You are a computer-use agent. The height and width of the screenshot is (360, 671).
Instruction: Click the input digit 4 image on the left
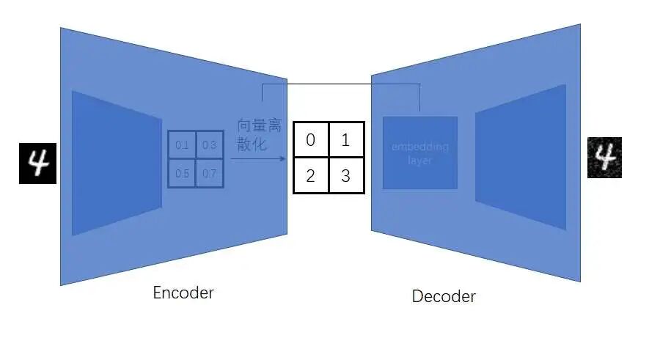37,162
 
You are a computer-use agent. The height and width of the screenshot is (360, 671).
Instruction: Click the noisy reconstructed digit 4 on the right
604,158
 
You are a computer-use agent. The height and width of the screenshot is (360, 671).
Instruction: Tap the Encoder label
183,293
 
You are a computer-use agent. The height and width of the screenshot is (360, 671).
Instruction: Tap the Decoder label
444,296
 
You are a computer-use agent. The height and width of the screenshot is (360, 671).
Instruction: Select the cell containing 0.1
182,145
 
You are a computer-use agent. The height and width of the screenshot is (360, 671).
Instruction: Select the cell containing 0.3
209,145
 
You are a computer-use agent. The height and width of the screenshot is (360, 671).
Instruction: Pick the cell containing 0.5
182,173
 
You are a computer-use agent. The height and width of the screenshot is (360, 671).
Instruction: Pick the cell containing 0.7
209,173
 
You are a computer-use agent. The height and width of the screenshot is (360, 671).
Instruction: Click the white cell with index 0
311,139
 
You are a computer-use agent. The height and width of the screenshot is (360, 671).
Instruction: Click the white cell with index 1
346,139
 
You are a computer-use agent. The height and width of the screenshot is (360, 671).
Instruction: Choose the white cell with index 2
311,175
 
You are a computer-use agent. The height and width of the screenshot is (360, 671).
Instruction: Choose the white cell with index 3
346,175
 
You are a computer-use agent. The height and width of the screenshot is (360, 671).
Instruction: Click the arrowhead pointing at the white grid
283,158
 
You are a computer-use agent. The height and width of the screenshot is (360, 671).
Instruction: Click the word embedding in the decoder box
420,147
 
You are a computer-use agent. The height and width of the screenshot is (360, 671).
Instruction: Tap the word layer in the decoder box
420,160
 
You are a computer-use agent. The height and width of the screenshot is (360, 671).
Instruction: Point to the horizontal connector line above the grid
341,84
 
